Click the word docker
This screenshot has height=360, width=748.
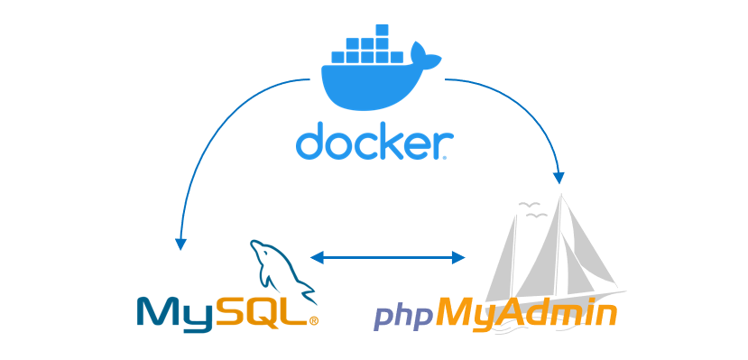374,143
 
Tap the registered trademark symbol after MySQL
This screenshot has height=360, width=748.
313,320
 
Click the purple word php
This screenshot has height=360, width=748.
403,317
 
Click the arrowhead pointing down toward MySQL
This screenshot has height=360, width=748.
180,243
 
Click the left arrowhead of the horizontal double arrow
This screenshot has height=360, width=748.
317,257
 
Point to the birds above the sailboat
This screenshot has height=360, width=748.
531,210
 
